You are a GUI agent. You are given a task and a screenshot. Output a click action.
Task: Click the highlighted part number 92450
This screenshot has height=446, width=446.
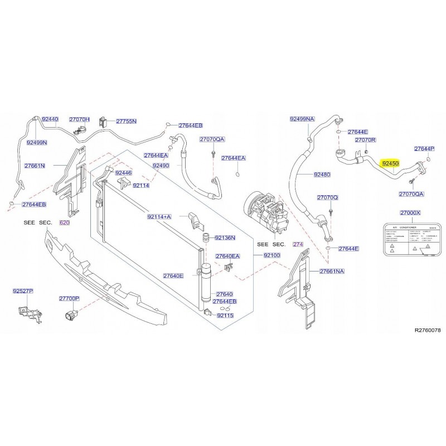[389, 163]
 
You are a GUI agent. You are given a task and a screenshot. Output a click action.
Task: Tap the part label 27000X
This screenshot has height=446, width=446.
[410, 214]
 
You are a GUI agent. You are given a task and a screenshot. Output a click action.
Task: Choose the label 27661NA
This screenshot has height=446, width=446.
[333, 272]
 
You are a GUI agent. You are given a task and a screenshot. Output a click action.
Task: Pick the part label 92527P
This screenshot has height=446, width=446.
[24, 291]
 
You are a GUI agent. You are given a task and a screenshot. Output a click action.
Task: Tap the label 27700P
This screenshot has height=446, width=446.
[70, 299]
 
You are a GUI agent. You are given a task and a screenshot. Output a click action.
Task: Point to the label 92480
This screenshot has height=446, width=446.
[322, 174]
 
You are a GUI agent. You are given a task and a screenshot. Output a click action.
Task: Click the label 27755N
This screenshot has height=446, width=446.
[126, 121]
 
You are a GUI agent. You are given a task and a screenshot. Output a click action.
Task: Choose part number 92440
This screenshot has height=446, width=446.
[50, 119]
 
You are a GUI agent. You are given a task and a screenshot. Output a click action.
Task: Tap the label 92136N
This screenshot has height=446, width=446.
[225, 237]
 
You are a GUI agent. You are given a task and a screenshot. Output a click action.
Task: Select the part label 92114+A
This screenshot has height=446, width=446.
[159, 216]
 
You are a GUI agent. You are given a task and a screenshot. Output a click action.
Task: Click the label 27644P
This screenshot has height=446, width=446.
[424, 149]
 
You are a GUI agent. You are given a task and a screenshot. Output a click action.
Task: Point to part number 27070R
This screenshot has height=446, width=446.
[366, 140]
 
